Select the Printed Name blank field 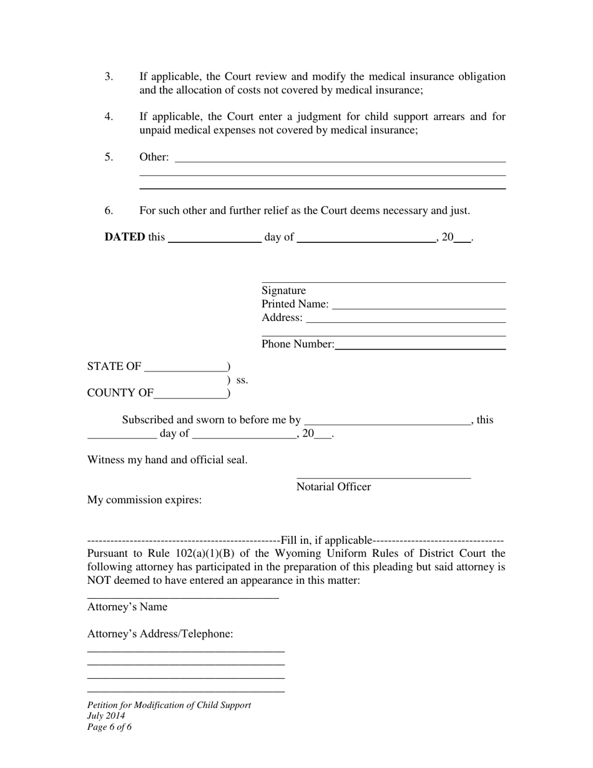419,306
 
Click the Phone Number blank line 419,346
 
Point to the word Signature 283,290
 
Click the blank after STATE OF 185,368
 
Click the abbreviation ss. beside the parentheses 242,380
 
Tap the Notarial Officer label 333,487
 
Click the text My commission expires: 144,500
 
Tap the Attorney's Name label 127,607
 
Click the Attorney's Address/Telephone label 160,634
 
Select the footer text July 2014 106,716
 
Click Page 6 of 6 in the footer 109,727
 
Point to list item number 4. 109,117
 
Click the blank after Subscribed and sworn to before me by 386,421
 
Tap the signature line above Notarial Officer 383,477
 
